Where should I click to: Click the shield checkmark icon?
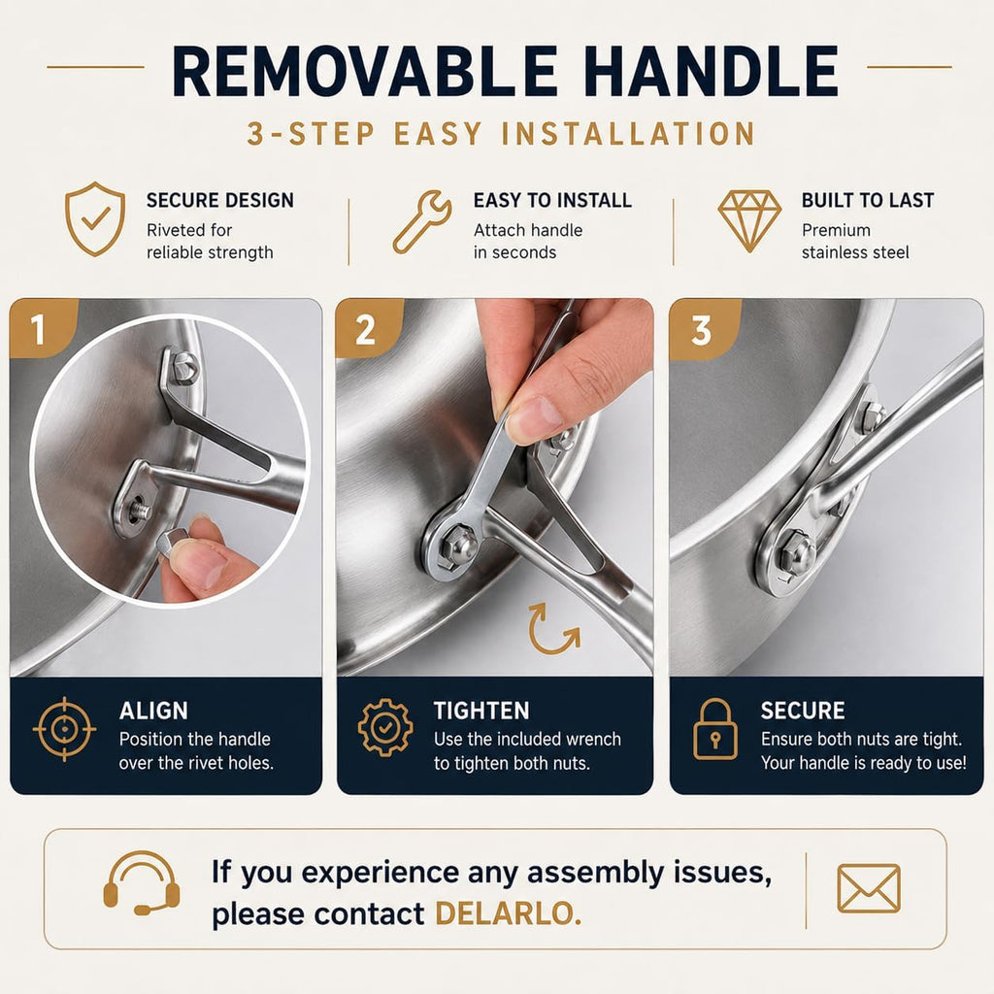95,219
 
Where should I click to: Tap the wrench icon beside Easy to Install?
422,222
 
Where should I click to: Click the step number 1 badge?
38,329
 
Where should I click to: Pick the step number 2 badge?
366,330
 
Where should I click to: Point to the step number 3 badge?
701,330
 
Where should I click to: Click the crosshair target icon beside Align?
64,729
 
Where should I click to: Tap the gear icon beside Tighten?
384,728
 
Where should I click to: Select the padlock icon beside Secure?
715,729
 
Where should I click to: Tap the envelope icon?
869,889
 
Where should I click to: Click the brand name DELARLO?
508,913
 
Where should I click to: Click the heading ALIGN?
153,711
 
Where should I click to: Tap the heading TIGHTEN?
481,711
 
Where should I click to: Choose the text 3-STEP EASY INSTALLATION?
501,134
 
